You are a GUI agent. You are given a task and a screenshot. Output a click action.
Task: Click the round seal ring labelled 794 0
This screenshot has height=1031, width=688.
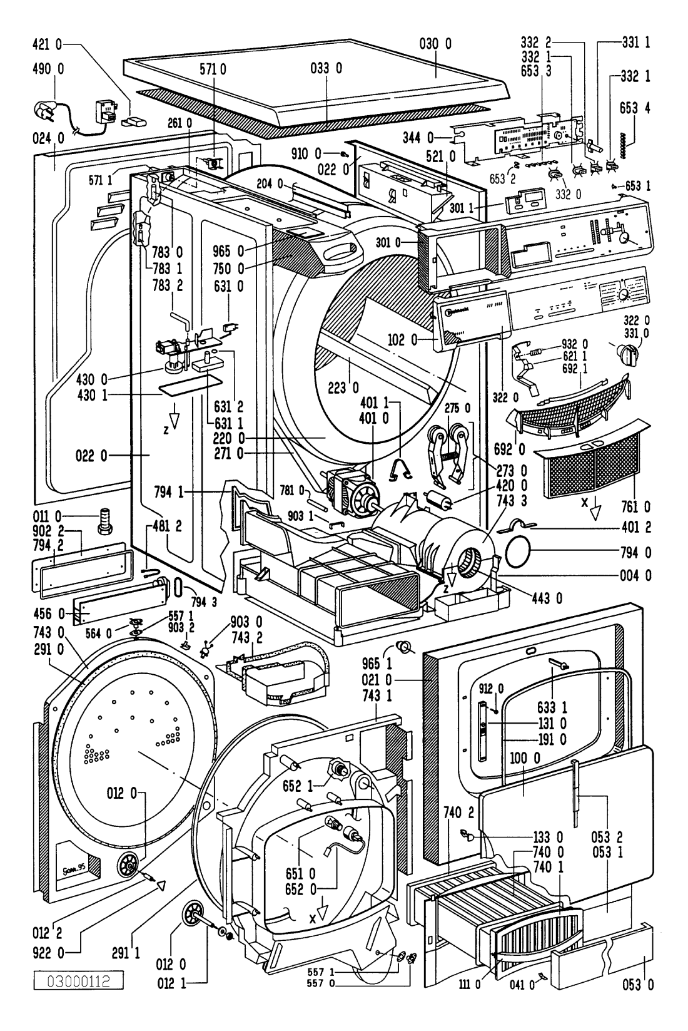pyautogui.click(x=517, y=551)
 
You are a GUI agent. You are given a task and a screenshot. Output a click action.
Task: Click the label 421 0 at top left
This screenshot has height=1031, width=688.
pyautogui.click(x=47, y=44)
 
